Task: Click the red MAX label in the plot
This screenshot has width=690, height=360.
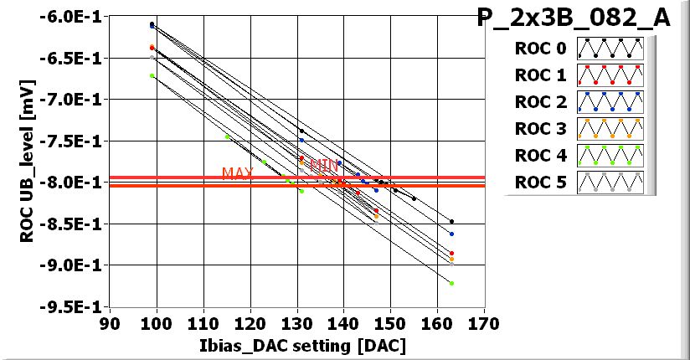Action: click(238, 173)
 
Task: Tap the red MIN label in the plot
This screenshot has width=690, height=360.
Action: click(323, 165)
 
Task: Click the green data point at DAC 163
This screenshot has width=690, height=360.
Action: click(451, 283)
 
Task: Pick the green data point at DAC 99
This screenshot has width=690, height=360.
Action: click(152, 76)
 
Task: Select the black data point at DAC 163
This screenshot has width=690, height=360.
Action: click(451, 222)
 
